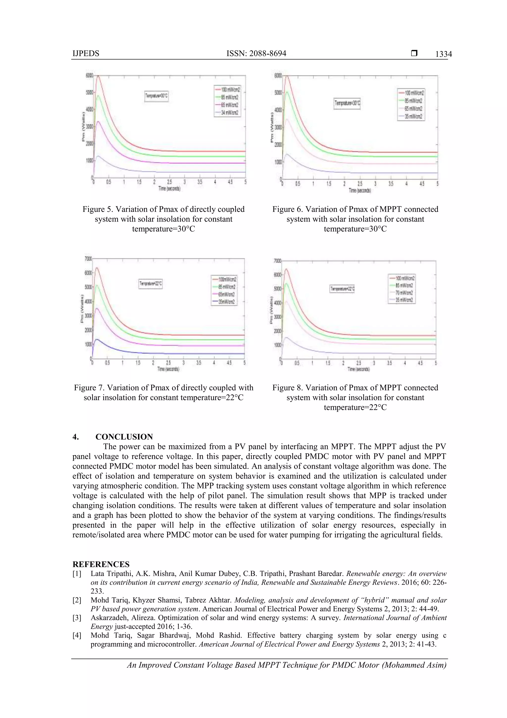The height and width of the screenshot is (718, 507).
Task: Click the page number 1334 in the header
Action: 443,54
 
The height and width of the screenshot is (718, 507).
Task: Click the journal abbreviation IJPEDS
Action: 86,54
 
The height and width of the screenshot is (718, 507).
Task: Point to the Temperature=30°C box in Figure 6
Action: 347,103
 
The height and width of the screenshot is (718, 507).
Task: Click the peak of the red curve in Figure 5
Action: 98,76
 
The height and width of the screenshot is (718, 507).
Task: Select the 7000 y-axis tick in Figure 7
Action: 88,259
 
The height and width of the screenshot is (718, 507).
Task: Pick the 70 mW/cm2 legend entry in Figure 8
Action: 404,293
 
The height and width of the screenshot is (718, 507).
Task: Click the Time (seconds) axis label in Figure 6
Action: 359,190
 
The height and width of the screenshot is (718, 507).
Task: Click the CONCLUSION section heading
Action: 124,437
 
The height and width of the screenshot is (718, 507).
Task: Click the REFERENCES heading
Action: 101,564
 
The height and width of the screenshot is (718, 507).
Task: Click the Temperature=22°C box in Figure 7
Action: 151,284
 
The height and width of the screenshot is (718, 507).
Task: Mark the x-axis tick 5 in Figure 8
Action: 435,363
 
